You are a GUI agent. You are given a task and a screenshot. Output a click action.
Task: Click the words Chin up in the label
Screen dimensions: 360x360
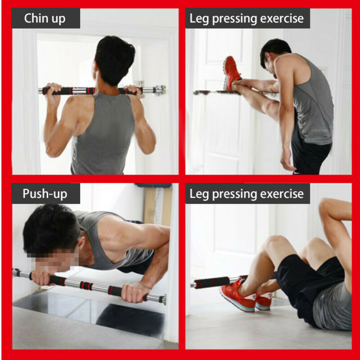coord(45,18)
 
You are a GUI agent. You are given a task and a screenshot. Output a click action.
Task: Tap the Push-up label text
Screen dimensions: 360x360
coord(45,194)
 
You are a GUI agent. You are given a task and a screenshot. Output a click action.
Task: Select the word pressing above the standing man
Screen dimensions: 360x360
coord(241,19)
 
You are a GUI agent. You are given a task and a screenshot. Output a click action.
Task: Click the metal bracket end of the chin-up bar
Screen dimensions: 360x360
coord(159,90)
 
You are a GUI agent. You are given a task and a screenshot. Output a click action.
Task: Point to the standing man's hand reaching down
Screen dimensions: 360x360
coord(287,160)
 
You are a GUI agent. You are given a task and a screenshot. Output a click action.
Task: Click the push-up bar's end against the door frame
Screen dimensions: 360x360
coord(162,299)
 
